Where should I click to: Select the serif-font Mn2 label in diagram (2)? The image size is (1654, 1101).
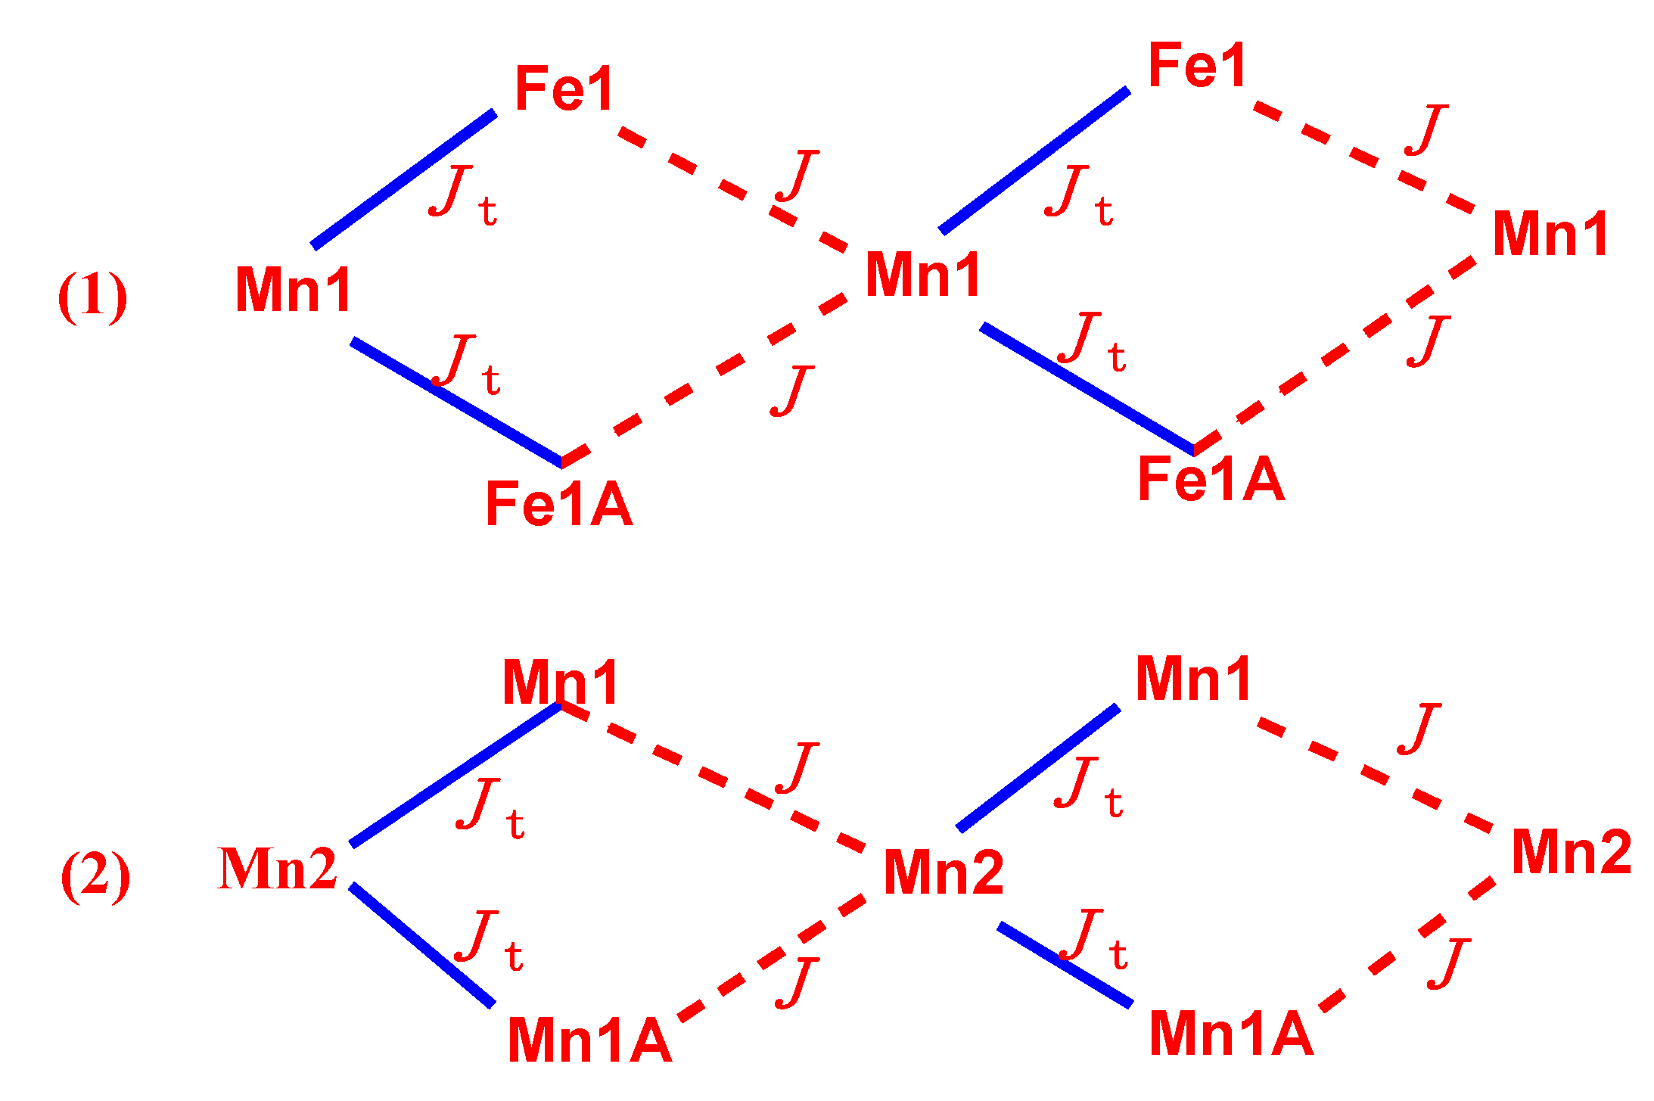coord(277,869)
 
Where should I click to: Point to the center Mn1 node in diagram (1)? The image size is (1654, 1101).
coord(923,275)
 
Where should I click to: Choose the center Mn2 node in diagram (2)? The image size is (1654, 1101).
coord(944,872)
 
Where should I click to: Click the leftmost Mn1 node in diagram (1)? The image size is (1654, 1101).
coord(294,290)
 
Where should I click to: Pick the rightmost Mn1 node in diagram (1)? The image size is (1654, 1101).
coord(1550,235)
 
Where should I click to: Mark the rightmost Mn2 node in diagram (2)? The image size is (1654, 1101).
coord(1572,852)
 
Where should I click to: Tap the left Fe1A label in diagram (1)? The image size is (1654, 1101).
coord(559,504)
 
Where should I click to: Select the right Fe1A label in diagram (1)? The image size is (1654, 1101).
coord(1211,479)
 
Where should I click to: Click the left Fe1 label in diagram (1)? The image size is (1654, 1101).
coord(564,89)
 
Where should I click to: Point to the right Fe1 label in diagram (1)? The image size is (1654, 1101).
coord(1197,66)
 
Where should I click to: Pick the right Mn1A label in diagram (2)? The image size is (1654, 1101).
coord(1231,1034)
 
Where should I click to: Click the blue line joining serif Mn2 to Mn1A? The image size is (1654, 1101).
coord(422,945)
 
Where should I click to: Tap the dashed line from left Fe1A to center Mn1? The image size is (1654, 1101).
coord(704,378)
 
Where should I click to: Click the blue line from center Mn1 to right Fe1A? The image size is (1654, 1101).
coord(1087,389)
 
